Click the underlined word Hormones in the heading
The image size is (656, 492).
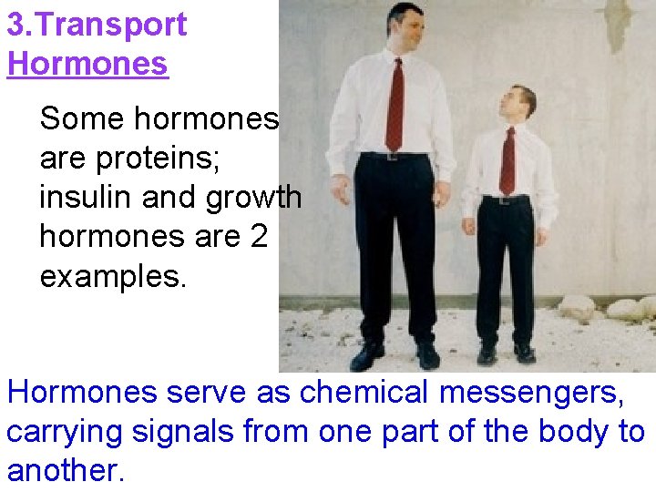click(x=87, y=64)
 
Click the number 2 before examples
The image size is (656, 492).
click(x=259, y=237)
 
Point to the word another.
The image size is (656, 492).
click(x=65, y=470)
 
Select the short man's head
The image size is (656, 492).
click(x=520, y=105)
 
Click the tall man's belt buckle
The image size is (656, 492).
click(x=393, y=157)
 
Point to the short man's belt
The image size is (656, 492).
click(x=507, y=198)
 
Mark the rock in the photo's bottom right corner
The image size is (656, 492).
click(x=628, y=310)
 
